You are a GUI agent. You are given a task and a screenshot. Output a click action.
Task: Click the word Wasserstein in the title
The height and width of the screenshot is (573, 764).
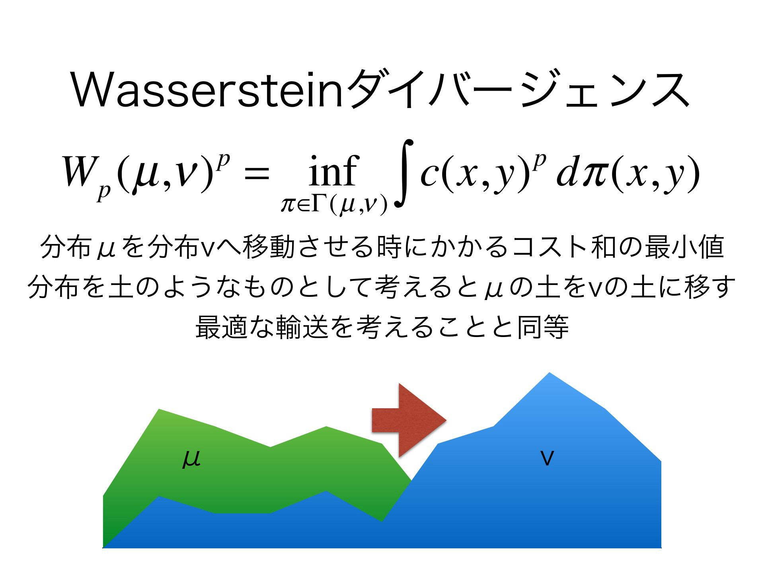[x=207, y=91]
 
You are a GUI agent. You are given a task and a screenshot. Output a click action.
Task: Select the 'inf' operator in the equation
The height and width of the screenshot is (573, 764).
[x=333, y=171]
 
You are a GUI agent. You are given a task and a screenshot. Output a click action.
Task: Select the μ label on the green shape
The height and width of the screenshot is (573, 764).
[x=191, y=459]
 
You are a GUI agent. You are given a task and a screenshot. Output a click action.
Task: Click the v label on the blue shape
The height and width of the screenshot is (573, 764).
[x=548, y=458]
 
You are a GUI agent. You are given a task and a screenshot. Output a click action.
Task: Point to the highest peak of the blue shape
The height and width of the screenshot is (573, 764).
[x=550, y=373]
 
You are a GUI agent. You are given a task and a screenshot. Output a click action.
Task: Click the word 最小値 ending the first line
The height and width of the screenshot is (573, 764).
[x=684, y=247]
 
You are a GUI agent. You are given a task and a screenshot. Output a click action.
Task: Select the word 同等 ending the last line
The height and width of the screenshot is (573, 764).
[x=543, y=327]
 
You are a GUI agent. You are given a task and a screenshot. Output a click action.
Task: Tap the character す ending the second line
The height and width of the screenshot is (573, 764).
[x=723, y=287]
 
